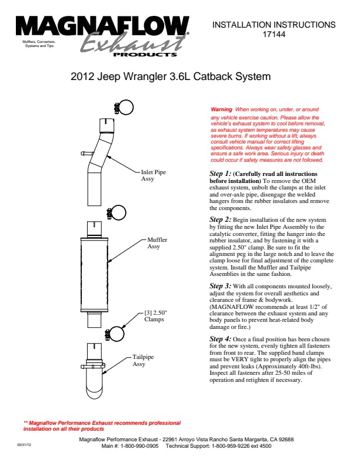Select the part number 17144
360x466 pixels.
point(274,35)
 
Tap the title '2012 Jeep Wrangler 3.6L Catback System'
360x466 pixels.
point(171,76)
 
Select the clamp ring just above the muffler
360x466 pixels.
point(119,212)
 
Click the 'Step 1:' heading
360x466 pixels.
point(220,174)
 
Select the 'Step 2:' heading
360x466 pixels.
point(220,219)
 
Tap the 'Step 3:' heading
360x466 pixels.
point(220,286)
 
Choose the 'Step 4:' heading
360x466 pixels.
point(220,339)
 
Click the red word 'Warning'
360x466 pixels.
point(221,109)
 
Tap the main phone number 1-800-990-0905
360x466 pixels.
point(139,446)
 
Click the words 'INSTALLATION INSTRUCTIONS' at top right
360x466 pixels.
point(274,25)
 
